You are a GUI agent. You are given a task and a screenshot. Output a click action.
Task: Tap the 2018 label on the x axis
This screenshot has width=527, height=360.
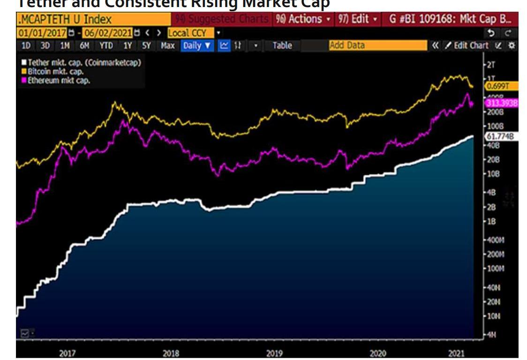tap(170, 353)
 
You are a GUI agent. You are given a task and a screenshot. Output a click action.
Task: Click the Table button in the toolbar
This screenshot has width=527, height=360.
tap(282, 45)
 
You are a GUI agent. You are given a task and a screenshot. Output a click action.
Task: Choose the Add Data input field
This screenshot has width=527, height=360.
tap(378, 45)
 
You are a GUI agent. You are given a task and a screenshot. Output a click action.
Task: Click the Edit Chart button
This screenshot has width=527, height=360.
tap(467, 45)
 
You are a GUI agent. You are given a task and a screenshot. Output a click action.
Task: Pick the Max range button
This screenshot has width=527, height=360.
tap(167, 45)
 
